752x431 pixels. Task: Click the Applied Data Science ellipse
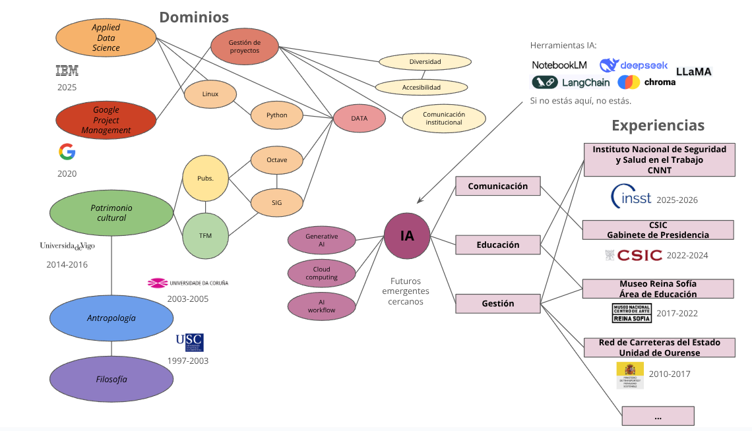click(x=106, y=38)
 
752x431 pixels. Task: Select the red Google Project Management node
click(x=106, y=120)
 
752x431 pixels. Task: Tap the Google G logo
click(x=67, y=152)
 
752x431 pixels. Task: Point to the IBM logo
click(x=67, y=71)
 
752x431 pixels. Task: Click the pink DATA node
click(x=359, y=119)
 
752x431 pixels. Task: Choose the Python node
click(x=276, y=115)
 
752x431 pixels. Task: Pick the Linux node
click(x=210, y=94)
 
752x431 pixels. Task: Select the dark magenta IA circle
click(x=407, y=235)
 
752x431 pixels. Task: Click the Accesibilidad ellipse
click(x=421, y=87)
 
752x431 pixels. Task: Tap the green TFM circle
click(x=205, y=236)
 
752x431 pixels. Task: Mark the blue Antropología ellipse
click(x=111, y=318)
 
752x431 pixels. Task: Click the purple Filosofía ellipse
click(x=111, y=379)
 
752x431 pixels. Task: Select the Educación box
click(x=498, y=245)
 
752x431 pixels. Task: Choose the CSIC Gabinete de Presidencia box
click(x=658, y=230)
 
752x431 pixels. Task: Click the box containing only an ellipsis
click(x=658, y=417)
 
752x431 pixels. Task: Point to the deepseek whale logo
click(x=609, y=65)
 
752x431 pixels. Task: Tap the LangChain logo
click(x=571, y=82)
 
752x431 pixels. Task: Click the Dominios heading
click(x=194, y=17)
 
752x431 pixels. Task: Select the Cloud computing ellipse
click(x=321, y=273)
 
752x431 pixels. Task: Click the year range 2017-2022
click(x=682, y=314)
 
